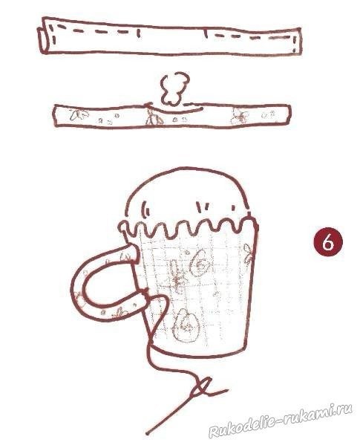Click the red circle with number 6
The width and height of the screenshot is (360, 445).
pyautogui.click(x=328, y=242)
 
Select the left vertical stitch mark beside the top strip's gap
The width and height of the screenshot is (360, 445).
pyautogui.click(x=138, y=33)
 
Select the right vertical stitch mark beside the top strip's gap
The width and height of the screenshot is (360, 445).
pyautogui.click(x=205, y=33)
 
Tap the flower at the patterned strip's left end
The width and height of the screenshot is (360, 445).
pyautogui.click(x=79, y=114)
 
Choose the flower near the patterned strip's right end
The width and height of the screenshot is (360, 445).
pyautogui.click(x=240, y=117)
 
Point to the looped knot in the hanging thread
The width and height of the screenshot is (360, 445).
pyautogui.click(x=202, y=386)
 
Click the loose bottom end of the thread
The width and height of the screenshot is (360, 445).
pyautogui.click(x=148, y=433)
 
